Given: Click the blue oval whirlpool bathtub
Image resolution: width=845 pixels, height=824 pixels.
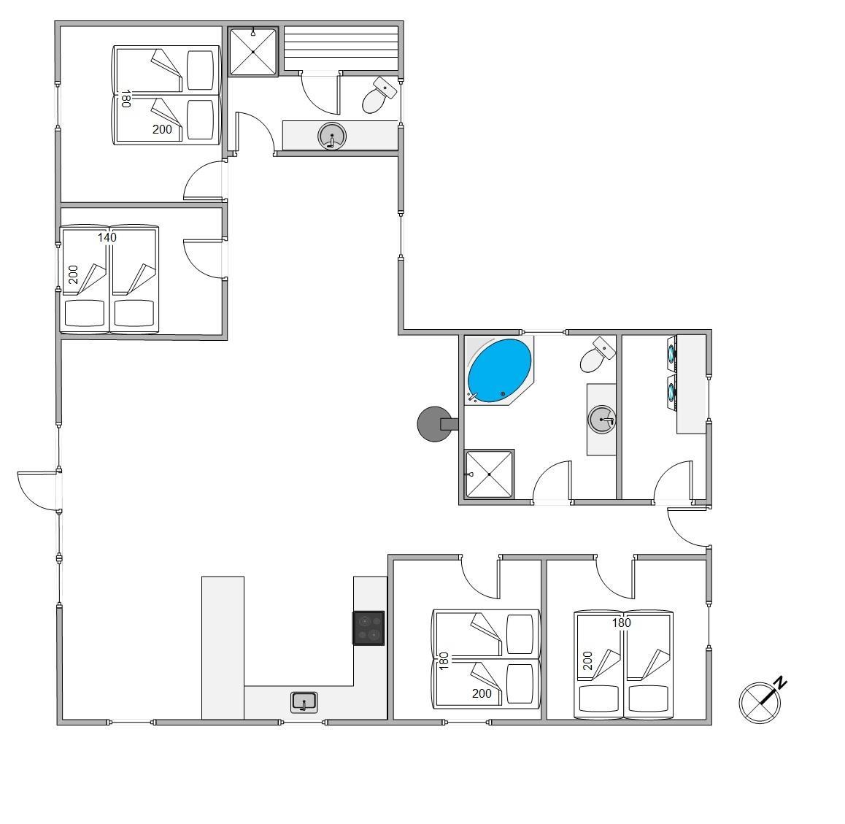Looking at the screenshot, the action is (x=499, y=370).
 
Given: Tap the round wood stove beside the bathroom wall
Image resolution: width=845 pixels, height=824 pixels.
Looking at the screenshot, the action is (x=434, y=424).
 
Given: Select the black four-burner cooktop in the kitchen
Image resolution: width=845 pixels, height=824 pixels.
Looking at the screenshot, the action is (x=369, y=628).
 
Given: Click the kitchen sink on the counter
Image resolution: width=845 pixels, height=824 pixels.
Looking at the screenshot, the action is (x=304, y=702).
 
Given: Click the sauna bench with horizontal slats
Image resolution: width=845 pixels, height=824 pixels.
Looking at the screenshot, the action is (x=341, y=48).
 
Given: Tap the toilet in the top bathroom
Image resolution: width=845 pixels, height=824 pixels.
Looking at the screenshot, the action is (x=378, y=96).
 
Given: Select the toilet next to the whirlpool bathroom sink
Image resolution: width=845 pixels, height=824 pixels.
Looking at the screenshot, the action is (x=597, y=355).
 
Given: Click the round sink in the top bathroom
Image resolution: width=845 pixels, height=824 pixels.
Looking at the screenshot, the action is (x=331, y=136).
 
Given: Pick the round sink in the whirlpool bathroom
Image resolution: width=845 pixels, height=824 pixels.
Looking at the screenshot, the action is (x=601, y=420).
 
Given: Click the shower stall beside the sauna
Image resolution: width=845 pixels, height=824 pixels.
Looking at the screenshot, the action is (x=252, y=52).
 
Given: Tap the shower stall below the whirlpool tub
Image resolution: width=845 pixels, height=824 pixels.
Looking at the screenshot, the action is (x=489, y=474).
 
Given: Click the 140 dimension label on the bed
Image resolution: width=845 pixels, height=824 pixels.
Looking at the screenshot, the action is (x=107, y=237).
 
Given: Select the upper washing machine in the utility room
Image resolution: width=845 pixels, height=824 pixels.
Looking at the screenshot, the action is (x=671, y=353).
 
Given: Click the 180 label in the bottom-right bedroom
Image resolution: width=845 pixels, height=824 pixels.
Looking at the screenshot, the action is (x=621, y=623).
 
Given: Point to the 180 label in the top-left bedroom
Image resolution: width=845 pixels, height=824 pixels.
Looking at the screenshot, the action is (x=126, y=99).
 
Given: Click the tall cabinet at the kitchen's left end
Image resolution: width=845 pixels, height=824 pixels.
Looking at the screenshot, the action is (x=223, y=648).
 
